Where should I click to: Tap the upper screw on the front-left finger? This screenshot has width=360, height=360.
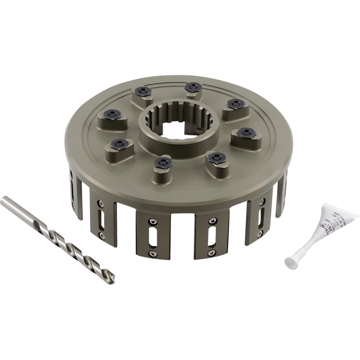click(x=152, y=221)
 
